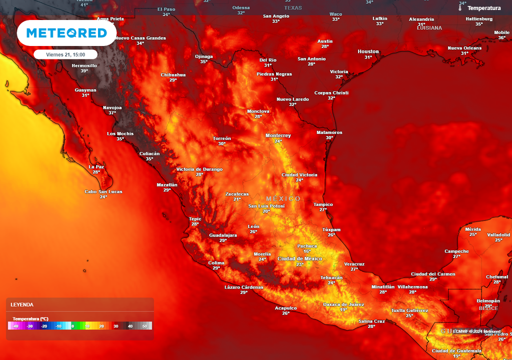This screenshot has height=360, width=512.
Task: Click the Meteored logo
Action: click(66, 33)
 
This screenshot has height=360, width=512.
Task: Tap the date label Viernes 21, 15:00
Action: click(65, 54)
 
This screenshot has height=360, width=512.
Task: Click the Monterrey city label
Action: click(278, 135)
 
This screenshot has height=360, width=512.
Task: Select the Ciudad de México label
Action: click(300, 258)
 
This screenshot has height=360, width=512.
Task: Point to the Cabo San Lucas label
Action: click(103, 191)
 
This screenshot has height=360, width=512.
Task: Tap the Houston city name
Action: click(368, 51)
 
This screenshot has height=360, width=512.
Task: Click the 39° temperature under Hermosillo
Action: click(84, 71)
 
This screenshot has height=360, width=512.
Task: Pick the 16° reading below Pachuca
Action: click(307, 251)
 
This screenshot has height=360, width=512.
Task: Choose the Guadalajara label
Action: click(223, 234)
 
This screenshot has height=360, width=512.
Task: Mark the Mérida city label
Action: click(473, 229)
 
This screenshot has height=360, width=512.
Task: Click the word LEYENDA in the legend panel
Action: click(22, 304)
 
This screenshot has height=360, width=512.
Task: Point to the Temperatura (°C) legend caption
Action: click(30, 318)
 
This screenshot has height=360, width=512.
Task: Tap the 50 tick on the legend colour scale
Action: click(145, 326)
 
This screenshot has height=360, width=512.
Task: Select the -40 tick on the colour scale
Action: click(16, 326)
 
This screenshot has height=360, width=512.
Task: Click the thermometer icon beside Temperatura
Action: click(460, 7)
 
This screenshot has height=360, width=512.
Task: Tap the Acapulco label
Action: click(286, 308)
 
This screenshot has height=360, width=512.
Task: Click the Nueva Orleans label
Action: click(464, 48)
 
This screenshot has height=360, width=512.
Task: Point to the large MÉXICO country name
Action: click(283, 198)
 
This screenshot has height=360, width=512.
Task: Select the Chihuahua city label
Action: click(173, 74)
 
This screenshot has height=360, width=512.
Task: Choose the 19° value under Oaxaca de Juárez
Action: click(343, 310)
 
